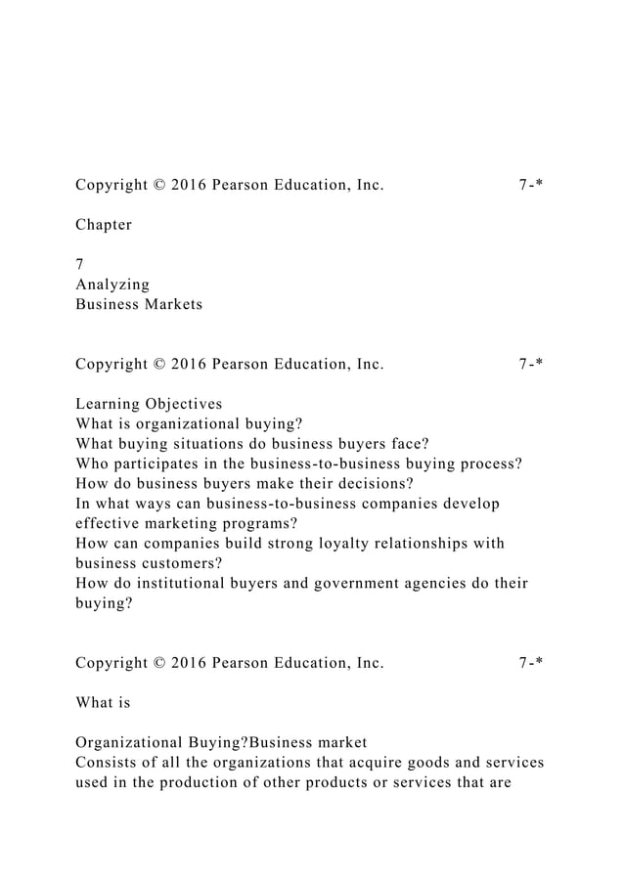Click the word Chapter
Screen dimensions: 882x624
(104, 225)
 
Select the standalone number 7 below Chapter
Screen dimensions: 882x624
(79, 264)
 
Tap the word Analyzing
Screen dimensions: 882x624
(112, 285)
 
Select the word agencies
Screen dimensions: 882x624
(456, 584)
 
